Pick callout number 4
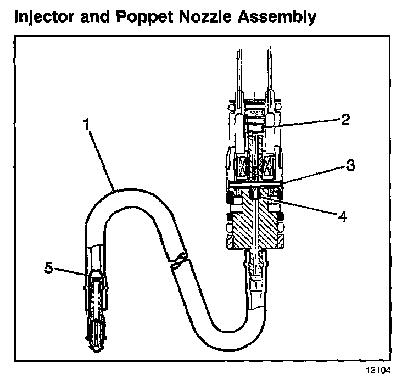tap(342, 216)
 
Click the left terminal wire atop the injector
tap(238, 71)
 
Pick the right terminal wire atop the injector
tap(269, 71)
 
